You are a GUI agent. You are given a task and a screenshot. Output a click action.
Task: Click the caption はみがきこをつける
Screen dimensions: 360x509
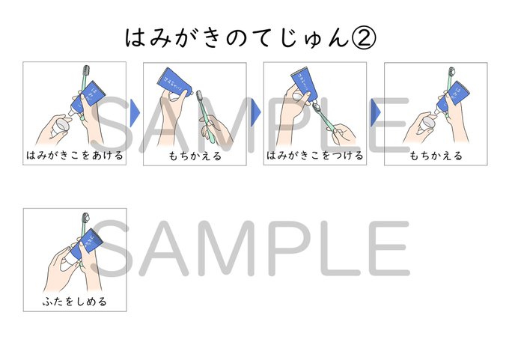(315, 156)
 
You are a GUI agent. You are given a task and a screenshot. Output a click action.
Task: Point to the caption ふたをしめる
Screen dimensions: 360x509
(75, 302)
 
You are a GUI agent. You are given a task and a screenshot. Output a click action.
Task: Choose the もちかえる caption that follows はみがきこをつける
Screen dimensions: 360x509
(436, 156)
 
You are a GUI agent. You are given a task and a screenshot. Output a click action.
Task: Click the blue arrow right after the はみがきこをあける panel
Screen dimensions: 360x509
(135, 112)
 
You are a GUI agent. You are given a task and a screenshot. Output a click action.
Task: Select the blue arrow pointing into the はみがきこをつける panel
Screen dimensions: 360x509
(255, 112)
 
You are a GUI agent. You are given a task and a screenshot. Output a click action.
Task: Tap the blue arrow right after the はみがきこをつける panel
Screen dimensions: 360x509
(376, 112)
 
